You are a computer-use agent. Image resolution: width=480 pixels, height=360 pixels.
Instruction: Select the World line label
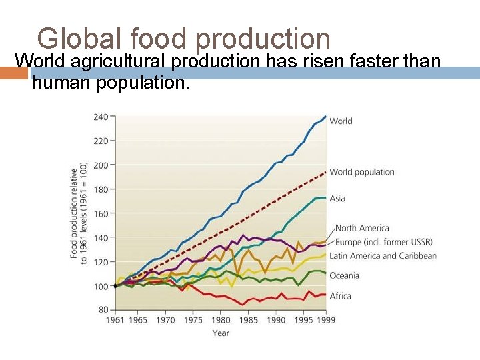(x=341, y=121)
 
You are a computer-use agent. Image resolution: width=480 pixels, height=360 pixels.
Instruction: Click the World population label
(x=362, y=172)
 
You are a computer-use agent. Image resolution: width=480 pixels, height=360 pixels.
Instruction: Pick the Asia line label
(x=337, y=199)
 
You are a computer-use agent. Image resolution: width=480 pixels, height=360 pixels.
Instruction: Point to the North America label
(x=362, y=228)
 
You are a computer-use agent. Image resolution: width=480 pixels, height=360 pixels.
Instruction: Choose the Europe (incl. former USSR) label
(x=384, y=242)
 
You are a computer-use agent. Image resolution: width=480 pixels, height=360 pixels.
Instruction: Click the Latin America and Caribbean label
(x=383, y=255)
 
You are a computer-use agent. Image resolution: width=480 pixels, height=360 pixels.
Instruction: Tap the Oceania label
(x=345, y=275)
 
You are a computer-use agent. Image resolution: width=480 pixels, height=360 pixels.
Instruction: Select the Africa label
(x=341, y=296)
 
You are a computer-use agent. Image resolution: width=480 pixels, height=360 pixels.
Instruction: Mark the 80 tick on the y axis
(x=103, y=310)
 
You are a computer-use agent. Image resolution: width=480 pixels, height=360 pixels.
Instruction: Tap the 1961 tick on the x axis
(x=115, y=320)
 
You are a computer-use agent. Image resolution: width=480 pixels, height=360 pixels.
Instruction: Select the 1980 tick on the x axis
(x=221, y=320)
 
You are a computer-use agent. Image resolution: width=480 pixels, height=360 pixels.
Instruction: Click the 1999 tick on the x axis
(x=326, y=320)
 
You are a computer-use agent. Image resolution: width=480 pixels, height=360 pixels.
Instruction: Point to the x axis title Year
(x=221, y=333)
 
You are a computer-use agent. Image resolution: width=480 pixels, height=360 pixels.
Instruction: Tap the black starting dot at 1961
(x=115, y=286)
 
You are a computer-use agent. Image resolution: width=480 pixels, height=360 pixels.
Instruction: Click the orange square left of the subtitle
(x=14, y=73)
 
